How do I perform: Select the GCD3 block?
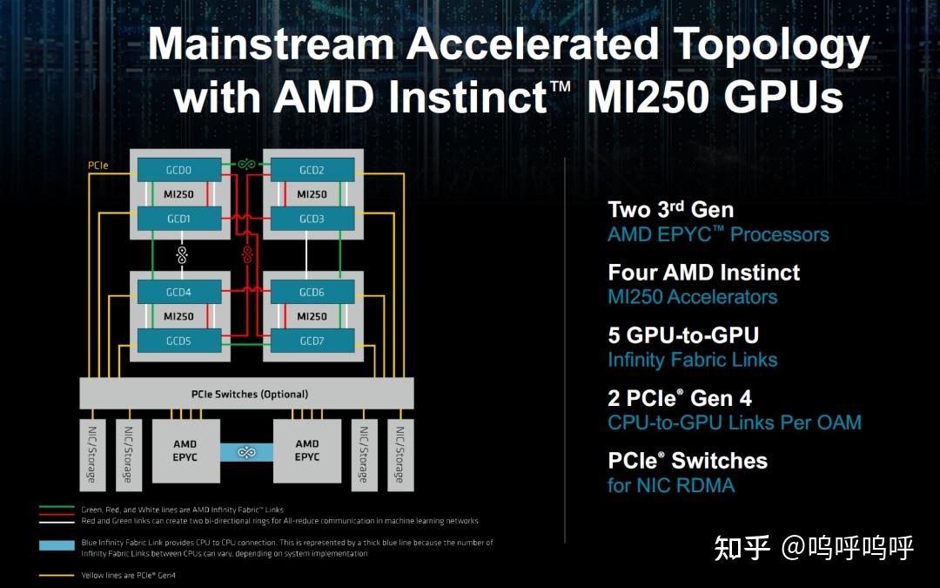(312, 219)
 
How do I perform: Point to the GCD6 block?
(312, 293)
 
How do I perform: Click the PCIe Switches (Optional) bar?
(247, 394)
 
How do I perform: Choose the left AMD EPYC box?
(185, 451)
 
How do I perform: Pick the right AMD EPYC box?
(307, 451)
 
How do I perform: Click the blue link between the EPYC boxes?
(246, 452)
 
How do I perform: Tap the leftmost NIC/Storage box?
(92, 454)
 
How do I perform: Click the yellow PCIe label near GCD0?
(97, 165)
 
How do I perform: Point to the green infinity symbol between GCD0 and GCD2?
(246, 163)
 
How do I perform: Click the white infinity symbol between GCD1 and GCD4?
(181, 254)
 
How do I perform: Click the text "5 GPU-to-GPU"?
(683, 335)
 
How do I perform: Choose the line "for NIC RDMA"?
(671, 485)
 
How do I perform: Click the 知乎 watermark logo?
(742, 548)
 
